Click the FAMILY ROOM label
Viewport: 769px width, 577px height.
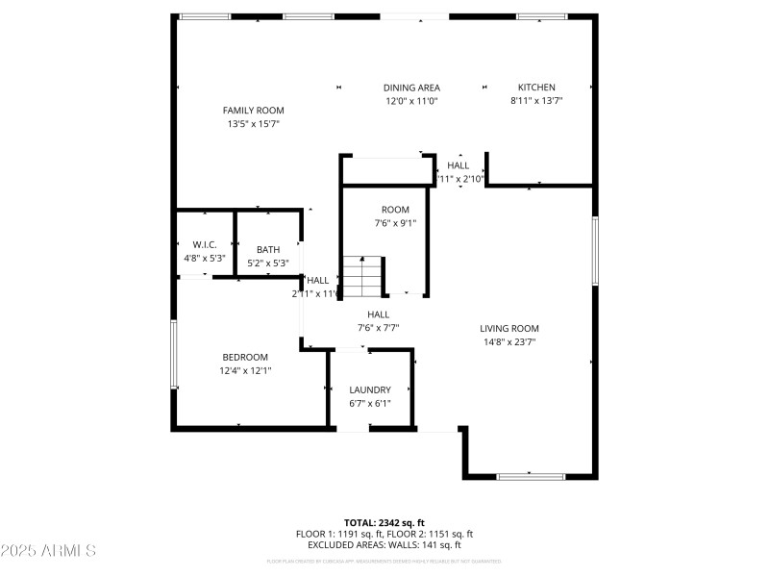(253, 111)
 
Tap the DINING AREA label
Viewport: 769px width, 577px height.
(411, 88)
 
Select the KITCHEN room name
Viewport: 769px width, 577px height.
(536, 88)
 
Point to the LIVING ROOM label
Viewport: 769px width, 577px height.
(509, 328)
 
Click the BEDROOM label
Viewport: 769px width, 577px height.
(244, 357)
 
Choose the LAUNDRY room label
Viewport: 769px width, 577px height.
(370, 389)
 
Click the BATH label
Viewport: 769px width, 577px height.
(268, 250)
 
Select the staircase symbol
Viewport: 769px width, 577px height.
(363, 277)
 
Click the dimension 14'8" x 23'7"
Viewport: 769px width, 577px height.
(509, 340)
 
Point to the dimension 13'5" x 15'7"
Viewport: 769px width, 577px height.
(253, 124)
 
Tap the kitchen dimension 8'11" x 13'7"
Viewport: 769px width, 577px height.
(536, 100)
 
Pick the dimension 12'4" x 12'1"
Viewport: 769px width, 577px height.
(244, 370)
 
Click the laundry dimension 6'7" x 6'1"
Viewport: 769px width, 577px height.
(370, 403)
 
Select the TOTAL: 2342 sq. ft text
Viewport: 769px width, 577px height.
(384, 523)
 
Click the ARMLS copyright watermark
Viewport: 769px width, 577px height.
(48, 551)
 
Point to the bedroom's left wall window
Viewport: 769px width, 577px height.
(174, 355)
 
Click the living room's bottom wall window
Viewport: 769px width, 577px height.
(531, 475)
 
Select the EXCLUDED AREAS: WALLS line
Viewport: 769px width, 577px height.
(384, 544)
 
